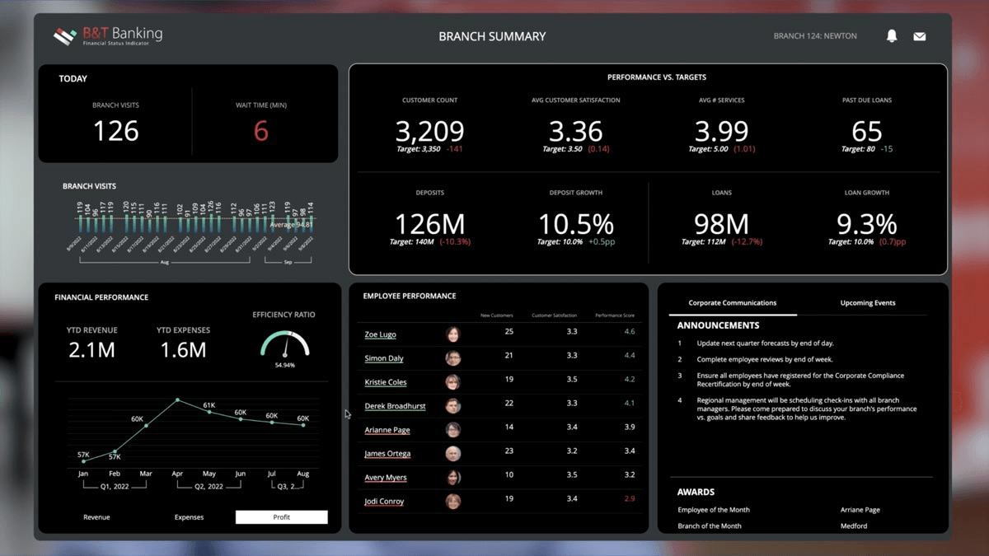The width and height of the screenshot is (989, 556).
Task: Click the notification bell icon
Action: coord(891,36)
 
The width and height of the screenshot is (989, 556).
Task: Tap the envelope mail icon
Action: coord(919,36)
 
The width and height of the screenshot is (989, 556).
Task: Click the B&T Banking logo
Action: coord(108,36)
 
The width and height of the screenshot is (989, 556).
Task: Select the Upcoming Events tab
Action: coord(867,302)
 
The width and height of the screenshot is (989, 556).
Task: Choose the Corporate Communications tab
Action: coord(732,302)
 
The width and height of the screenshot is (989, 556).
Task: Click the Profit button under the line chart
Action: coord(281,517)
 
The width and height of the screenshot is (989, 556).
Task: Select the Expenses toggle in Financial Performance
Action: coord(189,517)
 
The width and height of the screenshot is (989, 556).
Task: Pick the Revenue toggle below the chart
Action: coord(96,517)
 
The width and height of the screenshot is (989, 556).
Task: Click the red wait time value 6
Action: coord(260,131)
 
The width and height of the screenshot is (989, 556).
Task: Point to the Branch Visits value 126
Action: coord(115,131)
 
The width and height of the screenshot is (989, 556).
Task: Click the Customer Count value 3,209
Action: coord(429,131)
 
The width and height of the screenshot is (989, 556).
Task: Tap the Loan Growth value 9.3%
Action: coord(866,224)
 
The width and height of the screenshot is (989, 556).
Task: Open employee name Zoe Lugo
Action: coord(380,334)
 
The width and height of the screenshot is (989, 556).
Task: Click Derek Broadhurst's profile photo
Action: coord(452,406)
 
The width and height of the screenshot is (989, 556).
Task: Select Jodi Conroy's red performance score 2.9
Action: coord(630,499)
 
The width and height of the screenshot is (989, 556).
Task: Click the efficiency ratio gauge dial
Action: coord(284,344)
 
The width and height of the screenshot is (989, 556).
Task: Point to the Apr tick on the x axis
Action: coord(177,474)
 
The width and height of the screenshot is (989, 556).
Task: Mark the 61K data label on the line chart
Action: coord(209,405)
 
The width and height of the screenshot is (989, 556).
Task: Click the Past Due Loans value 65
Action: coord(866,131)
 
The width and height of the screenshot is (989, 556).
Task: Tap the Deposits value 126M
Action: coord(429,224)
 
